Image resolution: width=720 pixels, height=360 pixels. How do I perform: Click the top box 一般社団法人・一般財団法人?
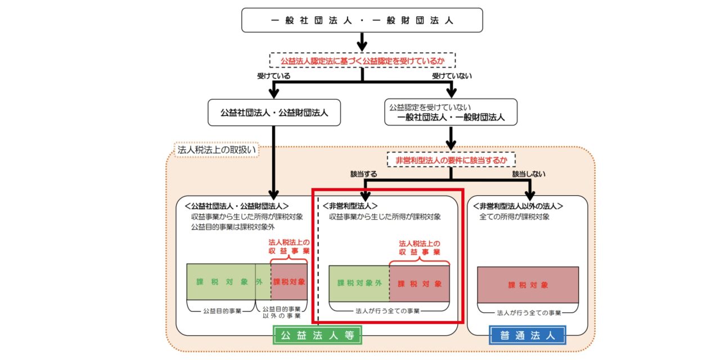[x=362, y=21]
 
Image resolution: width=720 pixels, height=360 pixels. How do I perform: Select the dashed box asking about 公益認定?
[x=362, y=60]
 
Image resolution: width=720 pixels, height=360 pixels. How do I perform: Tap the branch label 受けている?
[x=275, y=76]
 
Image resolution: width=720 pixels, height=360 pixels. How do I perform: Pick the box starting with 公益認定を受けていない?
[x=451, y=112]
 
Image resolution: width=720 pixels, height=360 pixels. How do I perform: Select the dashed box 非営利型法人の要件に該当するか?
[x=451, y=160]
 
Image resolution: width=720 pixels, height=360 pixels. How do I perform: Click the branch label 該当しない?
[x=528, y=175]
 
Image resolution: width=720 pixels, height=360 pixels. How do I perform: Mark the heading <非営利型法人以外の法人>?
[x=519, y=206]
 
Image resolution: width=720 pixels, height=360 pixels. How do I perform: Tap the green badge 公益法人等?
[x=317, y=336]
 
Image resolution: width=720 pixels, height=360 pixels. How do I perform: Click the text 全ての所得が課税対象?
[x=514, y=217]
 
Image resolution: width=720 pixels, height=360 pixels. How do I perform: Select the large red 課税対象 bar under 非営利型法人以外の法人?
[x=528, y=285]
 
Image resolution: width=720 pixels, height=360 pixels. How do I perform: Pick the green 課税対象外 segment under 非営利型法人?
[x=359, y=283]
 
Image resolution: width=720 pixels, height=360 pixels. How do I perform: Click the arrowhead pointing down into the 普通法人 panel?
[x=528, y=196]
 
